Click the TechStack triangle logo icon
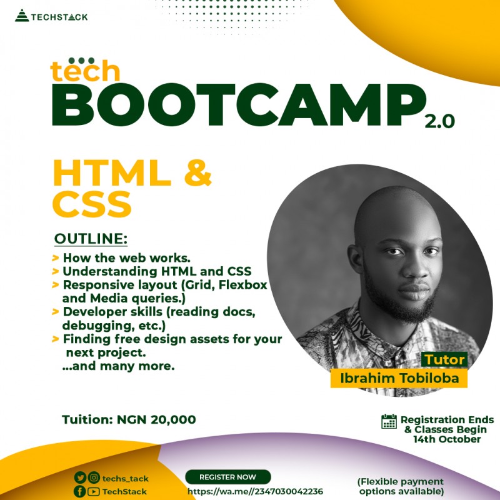[x=22, y=16]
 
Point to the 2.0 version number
[x=439, y=121]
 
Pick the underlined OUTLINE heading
[x=91, y=239]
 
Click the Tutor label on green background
[x=445, y=360]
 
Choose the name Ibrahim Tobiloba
[x=399, y=378]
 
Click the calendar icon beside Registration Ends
[x=389, y=421]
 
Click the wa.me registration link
[x=255, y=491]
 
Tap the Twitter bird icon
[x=80, y=478]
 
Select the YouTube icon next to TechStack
[x=94, y=491]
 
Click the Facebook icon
[x=80, y=491]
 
